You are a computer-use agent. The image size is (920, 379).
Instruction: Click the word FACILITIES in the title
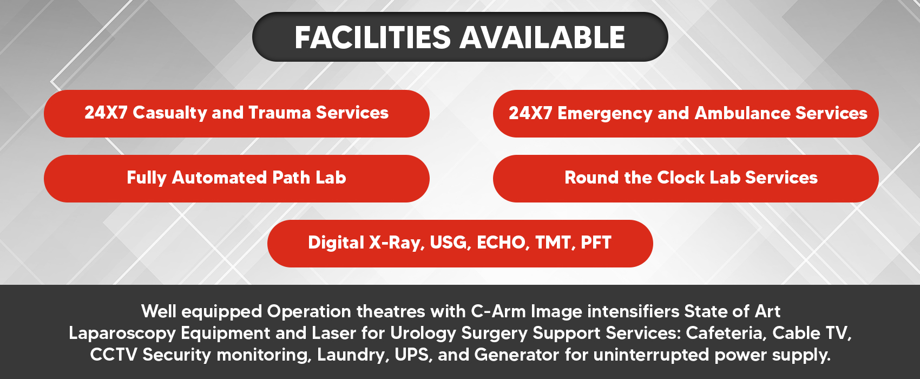(x=372, y=37)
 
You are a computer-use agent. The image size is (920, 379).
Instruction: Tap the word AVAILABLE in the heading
(x=542, y=37)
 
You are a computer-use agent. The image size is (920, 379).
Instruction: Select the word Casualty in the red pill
(x=169, y=113)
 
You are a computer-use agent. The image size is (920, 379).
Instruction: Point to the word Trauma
(x=279, y=113)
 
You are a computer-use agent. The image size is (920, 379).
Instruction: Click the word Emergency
(x=604, y=114)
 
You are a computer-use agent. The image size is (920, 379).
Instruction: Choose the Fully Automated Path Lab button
(x=236, y=179)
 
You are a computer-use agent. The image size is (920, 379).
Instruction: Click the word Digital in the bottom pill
(x=336, y=243)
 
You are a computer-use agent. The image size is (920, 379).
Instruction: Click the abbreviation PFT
(x=596, y=243)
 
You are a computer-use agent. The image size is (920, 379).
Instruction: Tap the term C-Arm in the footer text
(x=498, y=311)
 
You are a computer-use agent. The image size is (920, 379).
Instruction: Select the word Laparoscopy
(x=122, y=334)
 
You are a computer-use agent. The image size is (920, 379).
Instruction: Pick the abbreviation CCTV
(x=114, y=355)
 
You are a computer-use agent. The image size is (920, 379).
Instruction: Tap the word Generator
(x=517, y=355)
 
